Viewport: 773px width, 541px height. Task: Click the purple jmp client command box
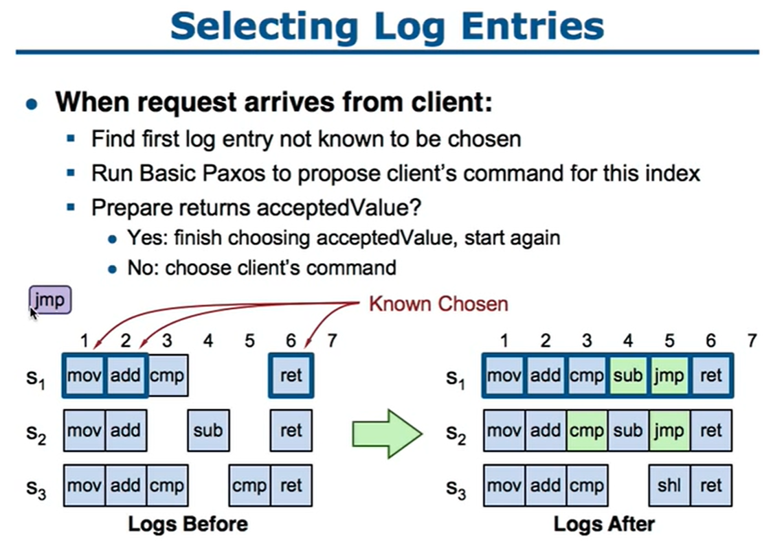(50, 299)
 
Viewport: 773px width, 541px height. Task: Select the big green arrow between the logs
(387, 434)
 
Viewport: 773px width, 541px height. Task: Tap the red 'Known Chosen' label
(438, 304)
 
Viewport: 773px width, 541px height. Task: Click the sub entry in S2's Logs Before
(208, 430)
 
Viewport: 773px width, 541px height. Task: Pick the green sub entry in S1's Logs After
(627, 376)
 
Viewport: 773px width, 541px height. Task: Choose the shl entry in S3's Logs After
(669, 485)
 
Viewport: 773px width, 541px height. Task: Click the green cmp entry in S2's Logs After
(587, 430)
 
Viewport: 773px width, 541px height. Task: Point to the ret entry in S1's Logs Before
(291, 376)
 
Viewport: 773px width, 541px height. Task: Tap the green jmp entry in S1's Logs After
(669, 376)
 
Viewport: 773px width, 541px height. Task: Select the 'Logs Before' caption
(188, 524)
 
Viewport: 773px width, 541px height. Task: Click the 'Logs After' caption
(605, 524)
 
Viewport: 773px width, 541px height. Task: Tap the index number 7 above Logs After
(752, 341)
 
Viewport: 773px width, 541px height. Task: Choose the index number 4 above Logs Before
(208, 341)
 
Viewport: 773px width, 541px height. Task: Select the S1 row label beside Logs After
(456, 378)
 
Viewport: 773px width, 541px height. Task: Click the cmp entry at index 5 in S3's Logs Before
(249, 485)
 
